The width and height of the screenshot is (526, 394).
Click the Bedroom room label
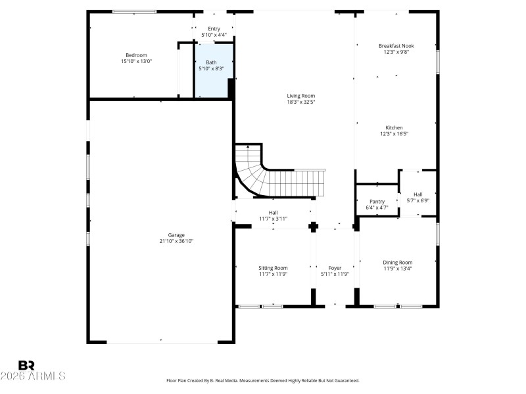(136, 55)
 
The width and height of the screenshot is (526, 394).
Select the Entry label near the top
(214, 29)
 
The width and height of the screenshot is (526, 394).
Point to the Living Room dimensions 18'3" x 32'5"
(300, 102)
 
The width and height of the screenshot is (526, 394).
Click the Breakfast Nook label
(396, 46)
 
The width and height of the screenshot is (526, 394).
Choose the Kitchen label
(394, 127)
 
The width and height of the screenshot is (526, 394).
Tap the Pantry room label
(377, 202)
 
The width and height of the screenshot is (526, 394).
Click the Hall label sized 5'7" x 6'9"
(418, 194)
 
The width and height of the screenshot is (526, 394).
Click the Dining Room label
(398, 262)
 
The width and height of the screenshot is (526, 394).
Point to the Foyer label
(335, 268)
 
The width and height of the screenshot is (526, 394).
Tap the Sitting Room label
(273, 268)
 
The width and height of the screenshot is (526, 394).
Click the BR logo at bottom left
(26, 364)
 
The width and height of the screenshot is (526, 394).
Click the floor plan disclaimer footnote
(263, 380)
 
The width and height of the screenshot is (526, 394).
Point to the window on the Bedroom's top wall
(134, 11)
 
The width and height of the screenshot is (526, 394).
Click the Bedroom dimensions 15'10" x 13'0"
(136, 61)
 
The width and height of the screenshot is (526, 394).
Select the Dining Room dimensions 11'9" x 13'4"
(398, 268)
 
